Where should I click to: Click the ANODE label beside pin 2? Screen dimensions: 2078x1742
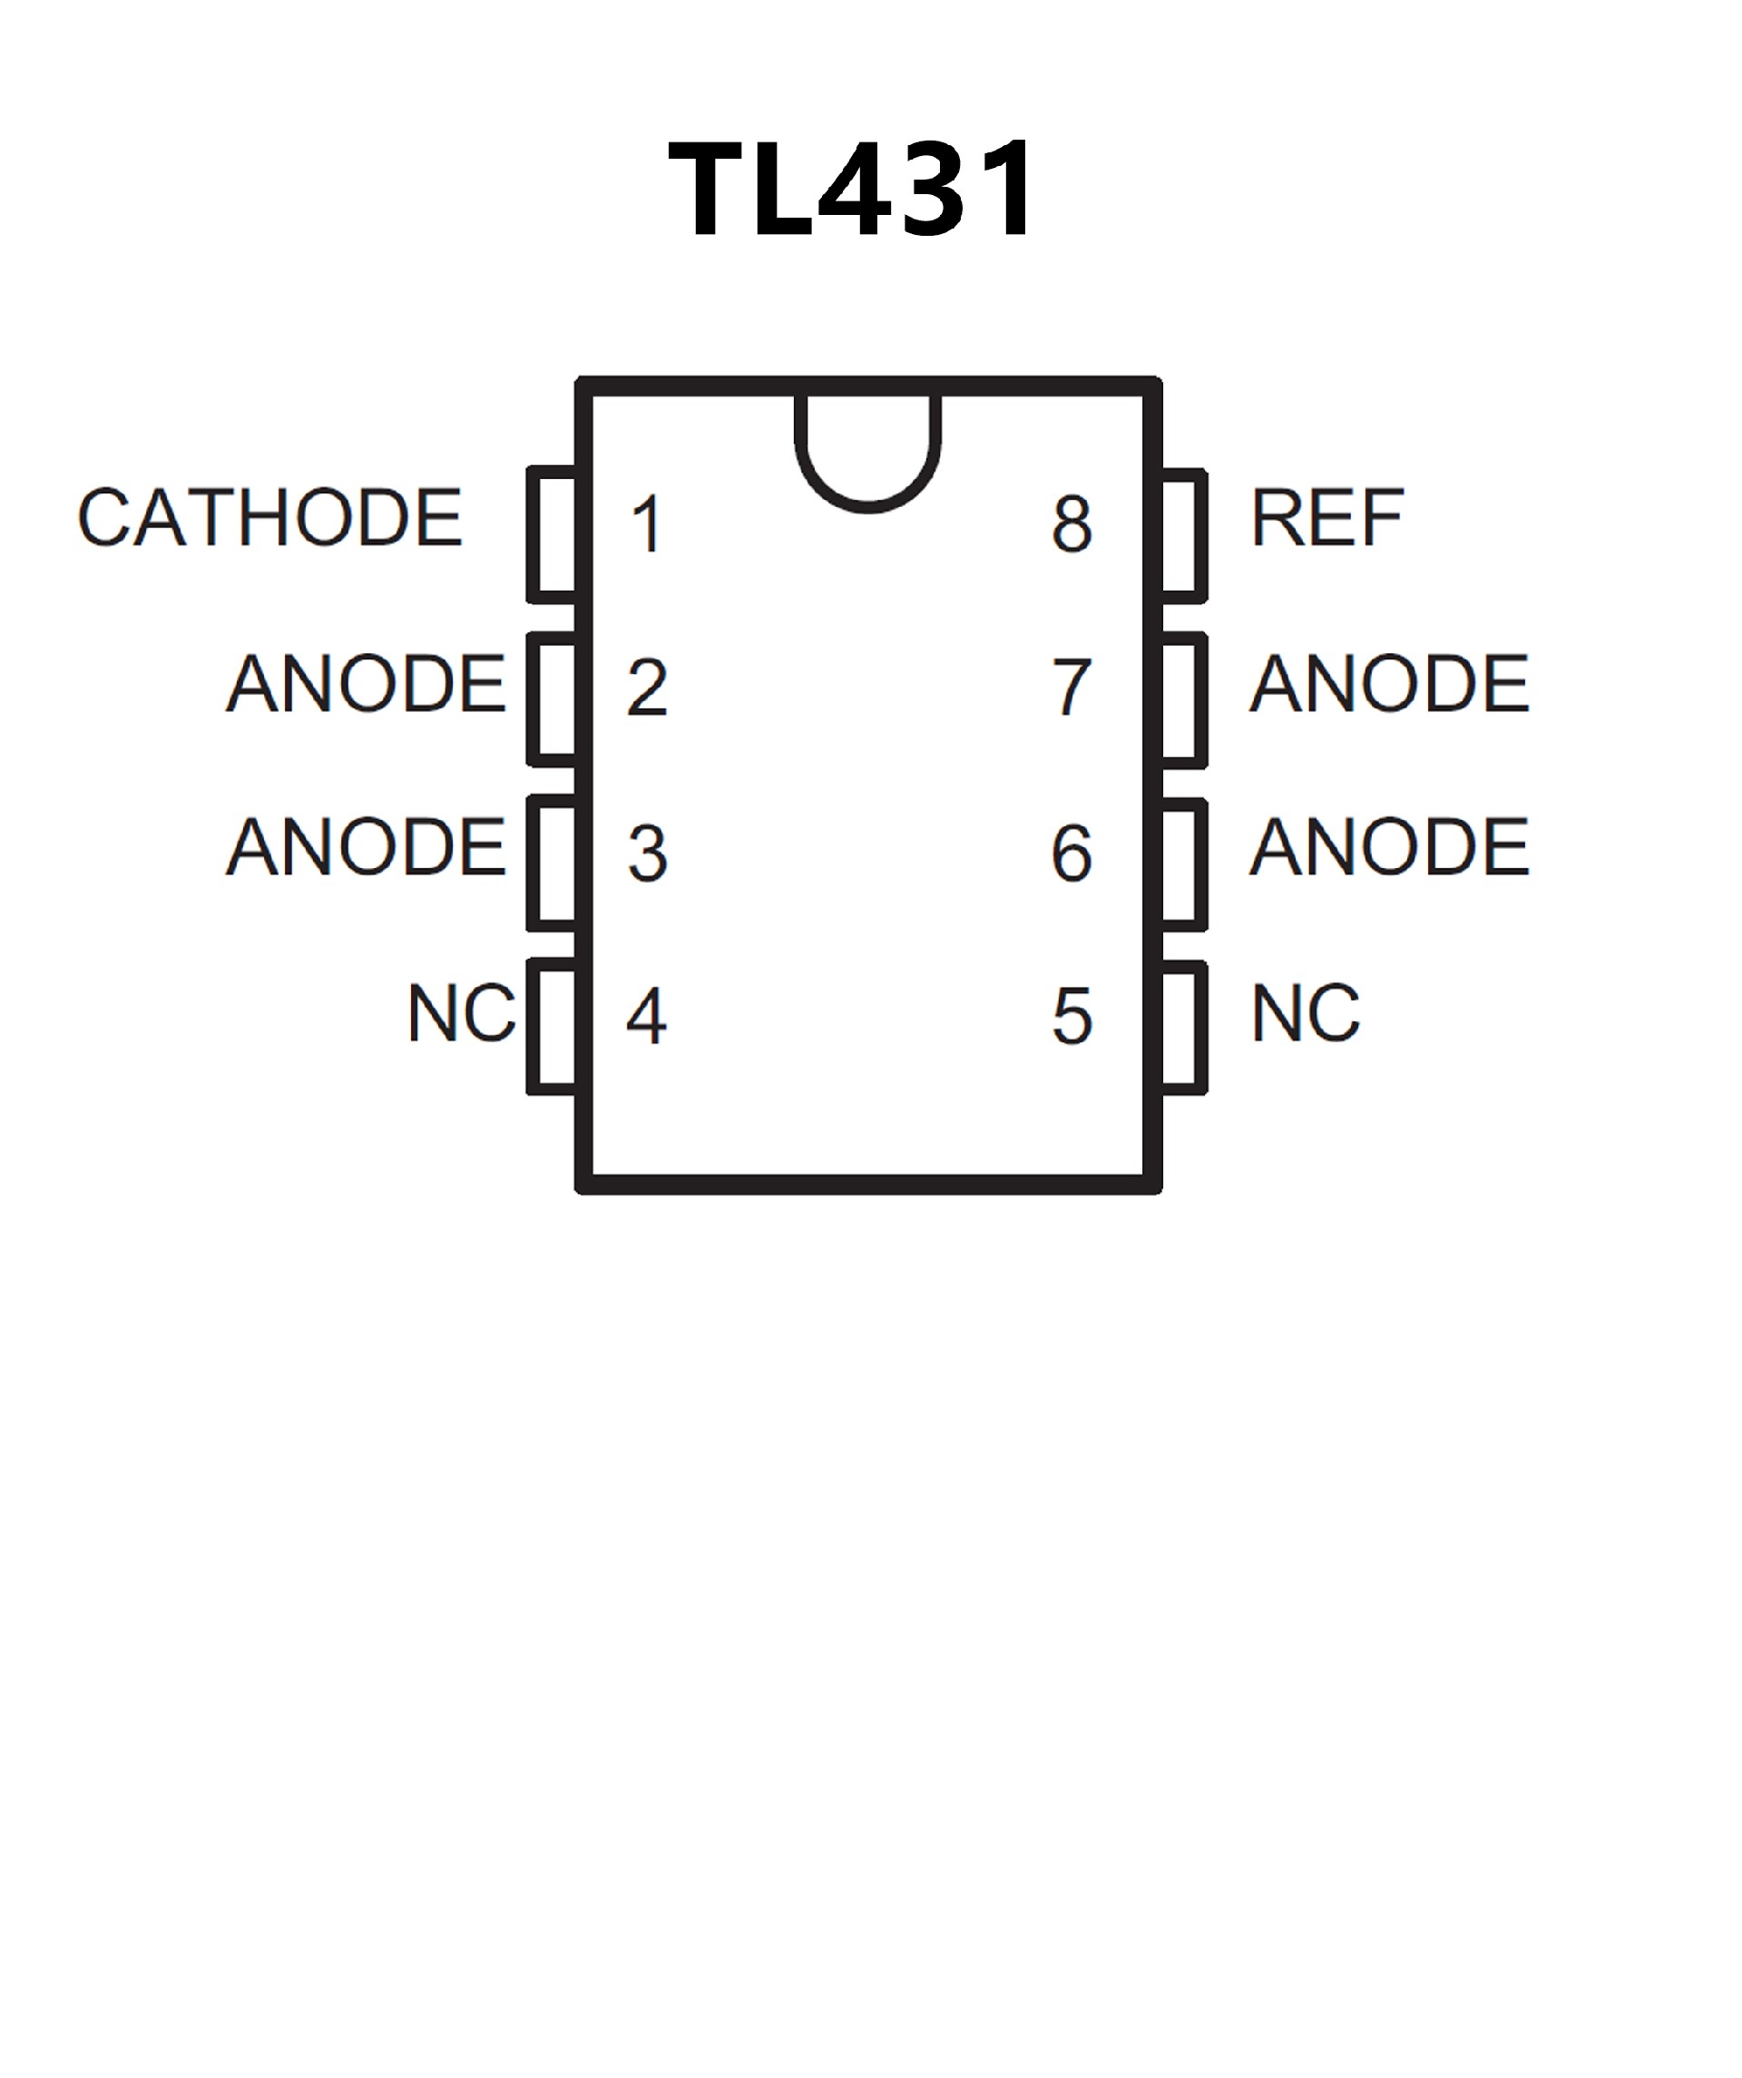pyautogui.click(x=367, y=683)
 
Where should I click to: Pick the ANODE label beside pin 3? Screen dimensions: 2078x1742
pyautogui.click(x=367, y=847)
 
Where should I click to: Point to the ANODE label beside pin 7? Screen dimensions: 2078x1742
pyautogui.click(x=1390, y=683)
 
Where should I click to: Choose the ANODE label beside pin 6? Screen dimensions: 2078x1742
pyautogui.click(x=1390, y=847)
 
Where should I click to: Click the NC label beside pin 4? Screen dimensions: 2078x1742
pyautogui.click(x=461, y=1013)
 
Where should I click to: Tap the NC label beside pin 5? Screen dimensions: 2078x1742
pyautogui.click(x=1306, y=1013)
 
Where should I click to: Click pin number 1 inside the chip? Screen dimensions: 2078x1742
pyautogui.click(x=647, y=524)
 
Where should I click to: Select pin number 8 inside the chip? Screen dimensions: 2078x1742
pyautogui.click(x=1072, y=524)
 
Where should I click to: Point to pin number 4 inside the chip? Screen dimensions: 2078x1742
pyautogui.click(x=647, y=1016)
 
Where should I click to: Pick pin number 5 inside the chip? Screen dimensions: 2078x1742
pyautogui.click(x=1072, y=1016)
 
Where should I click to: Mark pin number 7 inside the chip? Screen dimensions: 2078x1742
pyautogui.click(x=1072, y=687)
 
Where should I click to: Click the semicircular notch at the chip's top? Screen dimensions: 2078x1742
pyautogui.click(x=868, y=450)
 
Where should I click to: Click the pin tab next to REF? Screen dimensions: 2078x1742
pyautogui.click(x=1183, y=535)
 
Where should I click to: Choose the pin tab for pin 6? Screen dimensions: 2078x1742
pyautogui.click(x=1183, y=863)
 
